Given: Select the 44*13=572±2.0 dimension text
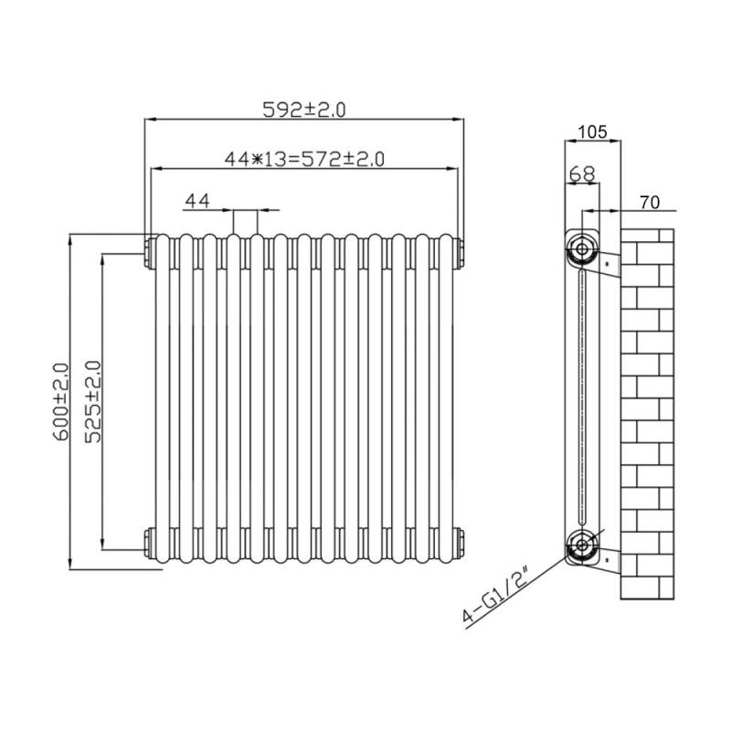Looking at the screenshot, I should pos(304,159).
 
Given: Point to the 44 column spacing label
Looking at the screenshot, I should pos(197,200).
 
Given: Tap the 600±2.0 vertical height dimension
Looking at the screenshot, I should pos(61,402).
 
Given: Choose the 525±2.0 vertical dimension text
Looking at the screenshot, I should pos(92,402).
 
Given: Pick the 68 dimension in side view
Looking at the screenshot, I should pos(581,174).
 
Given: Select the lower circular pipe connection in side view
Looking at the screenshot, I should pos(579,547).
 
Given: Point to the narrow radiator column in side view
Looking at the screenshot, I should pos(582,397).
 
